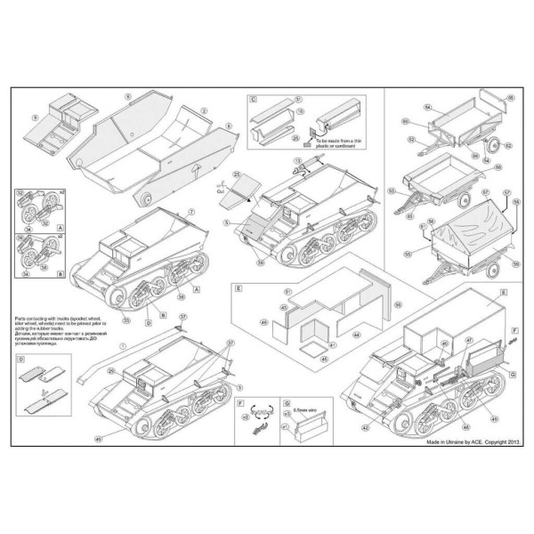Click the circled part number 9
point(34,117)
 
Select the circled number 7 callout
point(191,211)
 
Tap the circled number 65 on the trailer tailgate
point(510,96)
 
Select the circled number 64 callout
point(428,106)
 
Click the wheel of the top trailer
point(489,144)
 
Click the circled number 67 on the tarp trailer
point(484,191)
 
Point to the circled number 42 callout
point(364,428)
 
